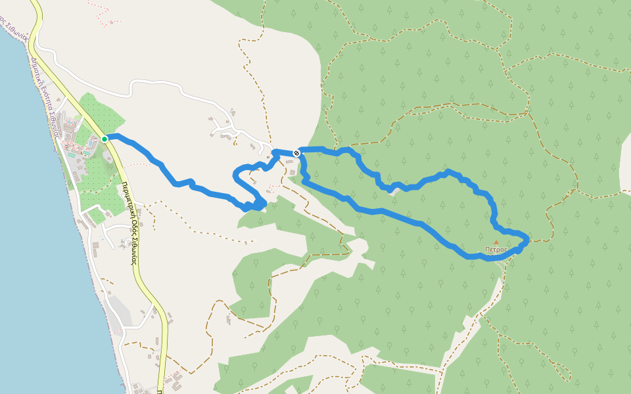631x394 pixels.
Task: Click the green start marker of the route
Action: tap(105, 139)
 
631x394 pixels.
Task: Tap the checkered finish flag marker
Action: tap(297, 153)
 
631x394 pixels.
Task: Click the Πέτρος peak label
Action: tap(496, 250)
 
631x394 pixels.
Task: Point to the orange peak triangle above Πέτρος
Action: tap(496, 243)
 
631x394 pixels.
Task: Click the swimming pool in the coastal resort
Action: tap(71, 156)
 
